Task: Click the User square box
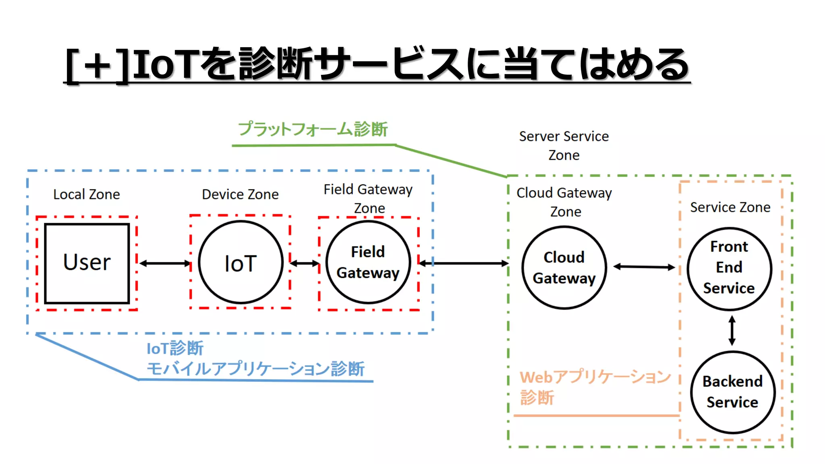click(87, 263)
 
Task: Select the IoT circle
click(240, 263)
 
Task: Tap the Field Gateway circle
click(368, 262)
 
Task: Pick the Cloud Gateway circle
click(564, 268)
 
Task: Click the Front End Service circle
click(729, 268)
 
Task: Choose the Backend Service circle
click(732, 392)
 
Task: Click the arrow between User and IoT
click(165, 263)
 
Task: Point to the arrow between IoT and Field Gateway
click(304, 263)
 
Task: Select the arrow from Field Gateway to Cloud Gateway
click(463, 263)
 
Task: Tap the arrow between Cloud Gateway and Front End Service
click(644, 267)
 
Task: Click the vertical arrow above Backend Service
click(732, 331)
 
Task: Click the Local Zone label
click(87, 195)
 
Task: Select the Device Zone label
click(240, 195)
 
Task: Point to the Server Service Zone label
click(564, 145)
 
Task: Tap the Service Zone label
click(730, 207)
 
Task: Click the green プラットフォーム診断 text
click(313, 129)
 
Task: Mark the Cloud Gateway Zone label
click(564, 202)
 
